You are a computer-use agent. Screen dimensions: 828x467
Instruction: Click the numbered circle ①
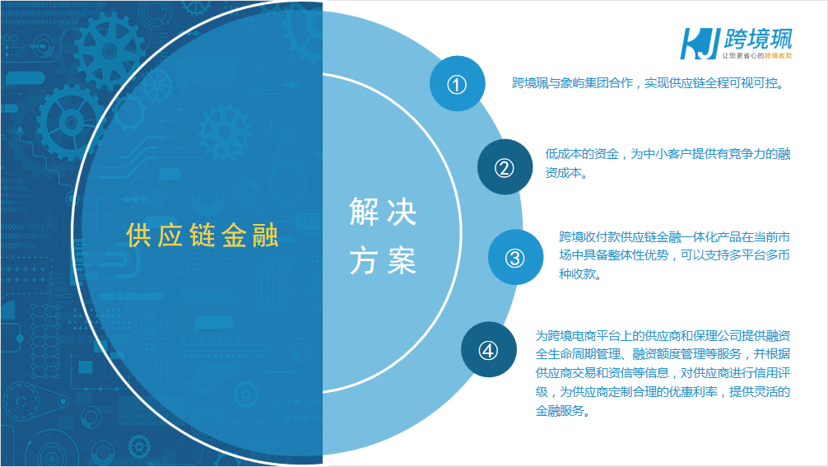[458, 83]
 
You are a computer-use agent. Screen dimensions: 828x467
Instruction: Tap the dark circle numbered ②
[505, 167]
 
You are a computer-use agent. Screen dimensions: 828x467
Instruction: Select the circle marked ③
[515, 257]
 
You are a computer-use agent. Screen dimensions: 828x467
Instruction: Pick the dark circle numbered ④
[488, 350]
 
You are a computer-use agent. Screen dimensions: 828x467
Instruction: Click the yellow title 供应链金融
[202, 235]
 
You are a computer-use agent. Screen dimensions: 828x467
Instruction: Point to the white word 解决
[383, 212]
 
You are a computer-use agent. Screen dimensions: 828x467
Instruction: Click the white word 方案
[383, 260]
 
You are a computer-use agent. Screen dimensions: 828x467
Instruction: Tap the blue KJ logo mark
[700, 44]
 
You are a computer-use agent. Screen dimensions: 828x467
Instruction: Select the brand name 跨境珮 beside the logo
[758, 39]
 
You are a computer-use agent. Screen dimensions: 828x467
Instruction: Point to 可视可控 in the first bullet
[754, 83]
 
